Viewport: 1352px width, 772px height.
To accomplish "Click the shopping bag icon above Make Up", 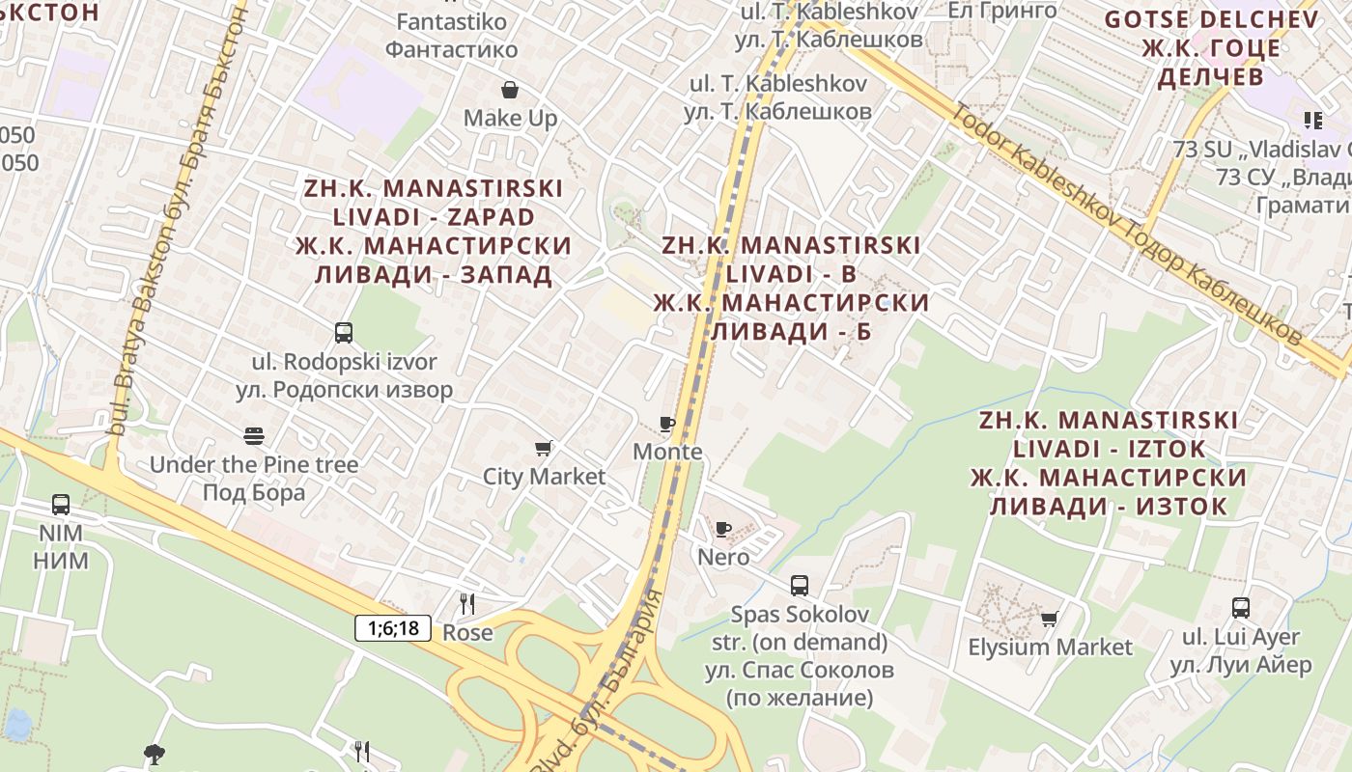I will (x=510, y=90).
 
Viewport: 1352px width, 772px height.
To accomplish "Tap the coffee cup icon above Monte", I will (x=666, y=424).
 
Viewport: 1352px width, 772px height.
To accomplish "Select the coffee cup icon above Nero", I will (x=722, y=529).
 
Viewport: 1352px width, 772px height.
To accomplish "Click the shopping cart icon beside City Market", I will (x=544, y=448).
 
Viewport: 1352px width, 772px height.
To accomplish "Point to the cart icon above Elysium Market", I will (x=1049, y=619).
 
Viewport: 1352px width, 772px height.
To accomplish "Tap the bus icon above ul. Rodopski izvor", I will (x=344, y=333).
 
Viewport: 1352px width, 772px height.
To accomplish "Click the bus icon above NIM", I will (x=61, y=504).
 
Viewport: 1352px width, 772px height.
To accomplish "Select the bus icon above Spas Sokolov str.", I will (x=800, y=585).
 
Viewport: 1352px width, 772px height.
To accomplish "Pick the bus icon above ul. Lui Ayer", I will (x=1241, y=608).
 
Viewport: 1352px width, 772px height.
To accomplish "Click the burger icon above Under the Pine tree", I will (x=254, y=436).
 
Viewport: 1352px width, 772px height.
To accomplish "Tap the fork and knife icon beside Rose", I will (x=467, y=604).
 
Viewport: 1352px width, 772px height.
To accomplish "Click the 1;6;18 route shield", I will (x=393, y=628).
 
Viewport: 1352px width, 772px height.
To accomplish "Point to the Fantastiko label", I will (x=451, y=21).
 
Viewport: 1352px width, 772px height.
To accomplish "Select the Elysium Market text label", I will (x=1050, y=647).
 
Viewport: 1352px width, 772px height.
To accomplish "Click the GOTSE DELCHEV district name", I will (x=1211, y=19).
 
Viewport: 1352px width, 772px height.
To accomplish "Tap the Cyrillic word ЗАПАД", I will (x=506, y=274).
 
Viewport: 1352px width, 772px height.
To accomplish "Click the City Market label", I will (x=544, y=476).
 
